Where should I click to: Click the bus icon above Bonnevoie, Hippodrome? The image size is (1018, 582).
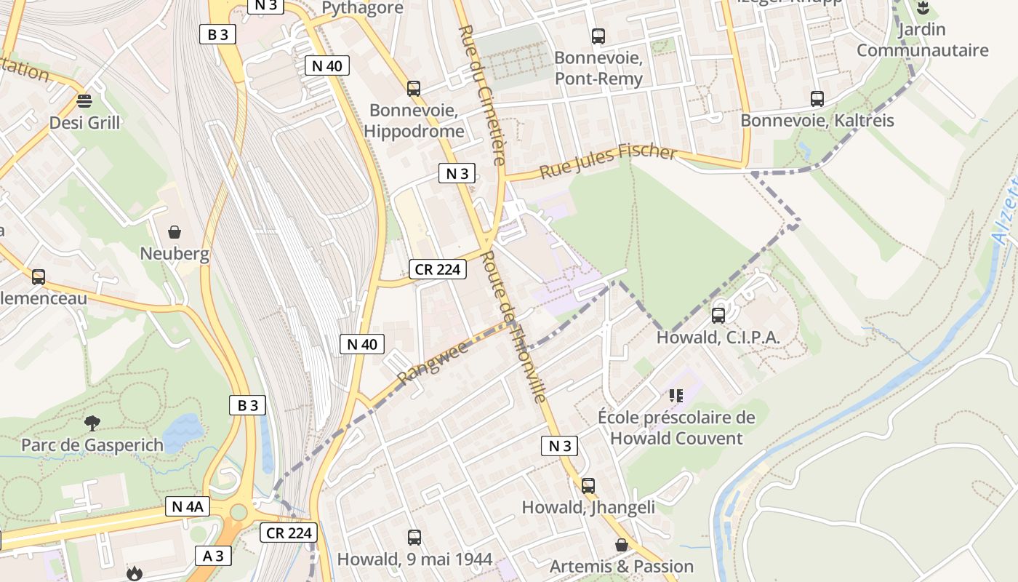pos(414,89)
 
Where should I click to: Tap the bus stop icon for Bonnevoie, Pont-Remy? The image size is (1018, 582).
pos(598,36)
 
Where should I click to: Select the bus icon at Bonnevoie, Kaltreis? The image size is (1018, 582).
pos(817,99)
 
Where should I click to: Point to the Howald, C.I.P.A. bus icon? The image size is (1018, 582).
pos(718,315)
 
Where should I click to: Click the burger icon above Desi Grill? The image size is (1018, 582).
pos(84,100)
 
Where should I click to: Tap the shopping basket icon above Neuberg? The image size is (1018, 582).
pos(175,232)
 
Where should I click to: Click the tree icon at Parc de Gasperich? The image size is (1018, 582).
pos(92,423)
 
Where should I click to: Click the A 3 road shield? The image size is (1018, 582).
pos(213,556)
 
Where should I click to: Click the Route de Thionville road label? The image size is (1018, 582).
pos(515,327)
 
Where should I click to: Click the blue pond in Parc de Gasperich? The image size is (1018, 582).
pos(183,433)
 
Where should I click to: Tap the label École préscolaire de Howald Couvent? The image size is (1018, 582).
pos(676,428)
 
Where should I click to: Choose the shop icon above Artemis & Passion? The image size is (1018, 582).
pos(622,545)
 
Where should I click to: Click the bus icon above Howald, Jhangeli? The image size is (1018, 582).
pos(588,485)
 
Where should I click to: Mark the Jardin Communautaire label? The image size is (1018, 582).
pos(922,40)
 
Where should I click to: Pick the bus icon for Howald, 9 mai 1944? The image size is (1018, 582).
pos(414,538)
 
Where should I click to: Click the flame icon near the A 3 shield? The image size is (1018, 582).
pos(134,574)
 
